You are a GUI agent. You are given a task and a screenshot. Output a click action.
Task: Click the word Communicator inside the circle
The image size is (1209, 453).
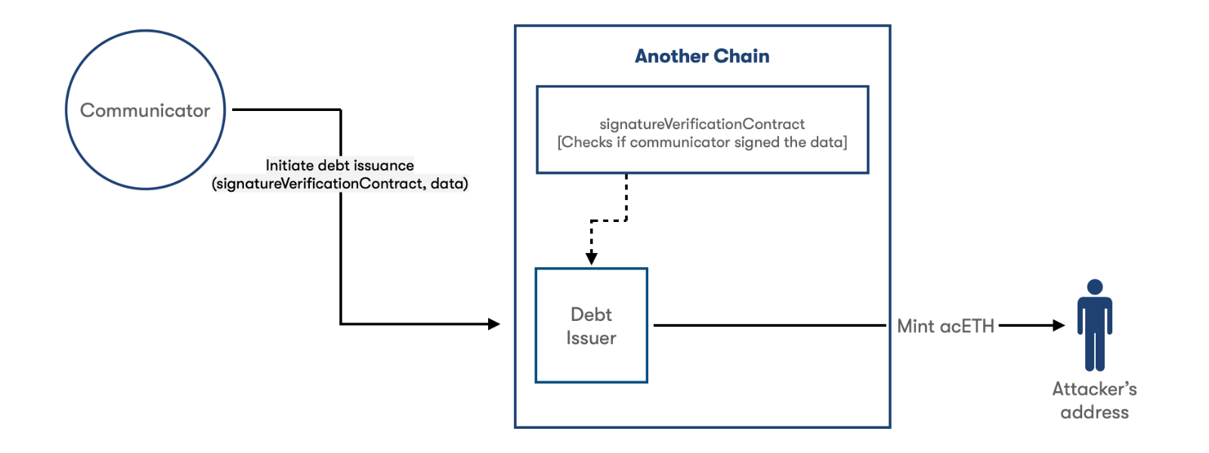[145, 110]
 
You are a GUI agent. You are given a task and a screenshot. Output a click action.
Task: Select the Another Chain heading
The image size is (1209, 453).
[702, 56]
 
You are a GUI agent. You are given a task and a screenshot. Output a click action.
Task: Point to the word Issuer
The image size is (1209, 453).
[591, 338]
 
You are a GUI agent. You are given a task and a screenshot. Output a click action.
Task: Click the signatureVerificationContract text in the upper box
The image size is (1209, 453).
[702, 124]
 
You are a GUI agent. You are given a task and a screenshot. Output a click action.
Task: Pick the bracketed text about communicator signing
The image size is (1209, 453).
[702, 143]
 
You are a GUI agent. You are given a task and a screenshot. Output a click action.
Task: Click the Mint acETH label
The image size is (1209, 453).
[945, 326]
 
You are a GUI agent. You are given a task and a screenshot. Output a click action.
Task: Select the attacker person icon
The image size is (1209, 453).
[1095, 325]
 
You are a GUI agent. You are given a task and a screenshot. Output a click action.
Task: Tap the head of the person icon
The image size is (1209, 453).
[1095, 287]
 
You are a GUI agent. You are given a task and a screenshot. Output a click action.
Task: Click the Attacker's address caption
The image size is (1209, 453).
[1095, 401]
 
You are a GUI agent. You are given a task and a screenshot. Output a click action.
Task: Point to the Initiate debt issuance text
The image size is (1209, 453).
[340, 165]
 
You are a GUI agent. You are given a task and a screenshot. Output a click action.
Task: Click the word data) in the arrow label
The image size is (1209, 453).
[449, 184]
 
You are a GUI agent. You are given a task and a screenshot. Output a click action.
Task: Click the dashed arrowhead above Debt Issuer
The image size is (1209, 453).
[592, 257]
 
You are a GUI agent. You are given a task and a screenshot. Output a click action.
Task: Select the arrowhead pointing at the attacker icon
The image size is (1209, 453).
[1059, 325]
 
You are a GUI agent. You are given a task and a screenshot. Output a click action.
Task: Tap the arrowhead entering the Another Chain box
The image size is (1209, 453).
[494, 324]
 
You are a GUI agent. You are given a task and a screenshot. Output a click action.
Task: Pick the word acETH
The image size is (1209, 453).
[966, 326]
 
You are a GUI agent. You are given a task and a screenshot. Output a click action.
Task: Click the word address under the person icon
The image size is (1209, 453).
[1095, 412]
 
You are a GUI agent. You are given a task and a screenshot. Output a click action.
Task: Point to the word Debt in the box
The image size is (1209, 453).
[592, 314]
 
